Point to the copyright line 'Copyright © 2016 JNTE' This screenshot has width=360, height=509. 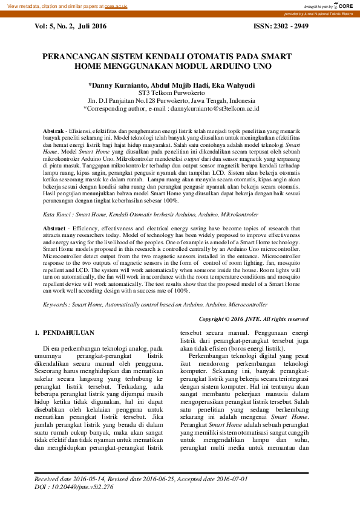[x=253, y=319]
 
